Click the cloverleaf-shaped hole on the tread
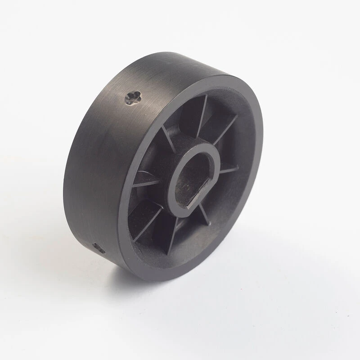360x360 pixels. click(133, 97)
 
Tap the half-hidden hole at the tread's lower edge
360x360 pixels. click(99, 247)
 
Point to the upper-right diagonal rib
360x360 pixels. click(225, 130)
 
